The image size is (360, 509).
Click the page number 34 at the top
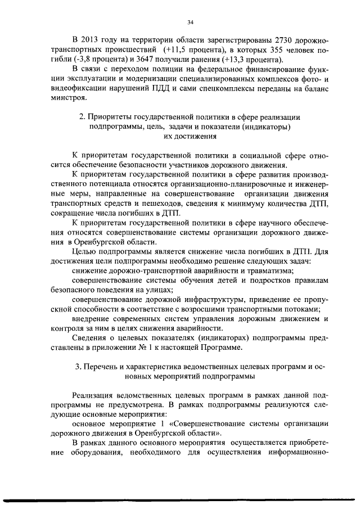tap(190, 22)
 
